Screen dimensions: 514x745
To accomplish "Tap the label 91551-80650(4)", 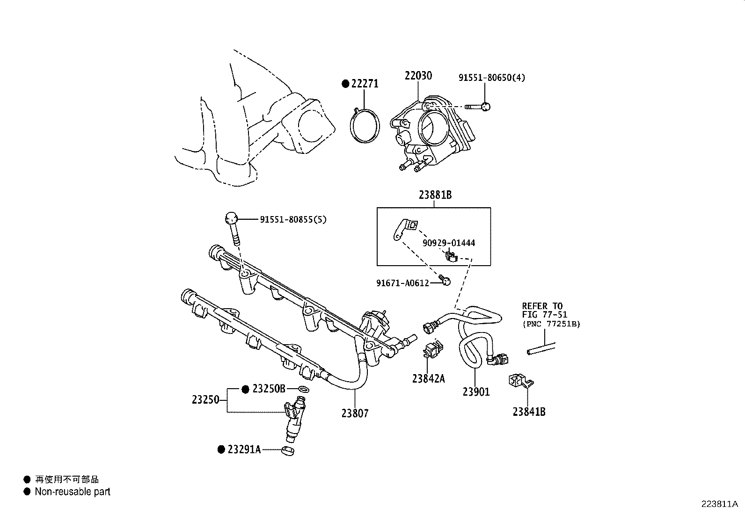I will click(491, 78).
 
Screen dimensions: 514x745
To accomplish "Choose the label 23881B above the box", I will click(435, 195).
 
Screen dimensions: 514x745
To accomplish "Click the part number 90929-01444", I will click(448, 243).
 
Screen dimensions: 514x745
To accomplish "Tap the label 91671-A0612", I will click(402, 283).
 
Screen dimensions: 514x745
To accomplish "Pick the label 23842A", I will click(428, 378).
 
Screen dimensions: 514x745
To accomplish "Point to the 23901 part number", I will click(476, 392).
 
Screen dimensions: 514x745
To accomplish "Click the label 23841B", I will click(529, 412).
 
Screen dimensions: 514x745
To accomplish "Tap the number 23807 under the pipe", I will click(355, 413).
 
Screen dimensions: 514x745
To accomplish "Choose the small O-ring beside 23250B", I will click(303, 389).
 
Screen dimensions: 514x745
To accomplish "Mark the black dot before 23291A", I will click(221, 449).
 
